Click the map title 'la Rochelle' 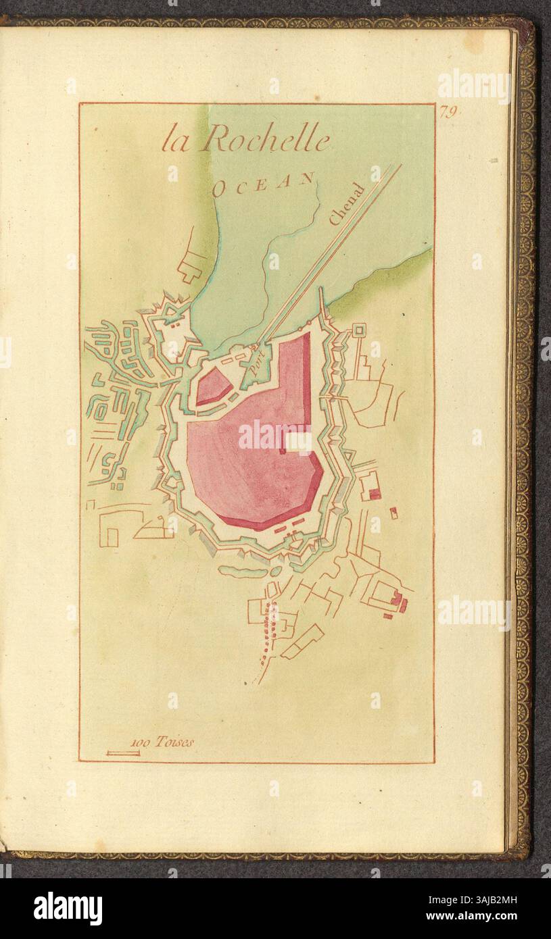pos(245,140)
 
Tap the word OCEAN pos(263,183)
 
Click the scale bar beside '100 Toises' pos(123,753)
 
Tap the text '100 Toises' pos(163,742)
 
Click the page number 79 pos(447,112)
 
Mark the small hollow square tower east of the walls pos(358,330)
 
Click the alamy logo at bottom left pos(68,909)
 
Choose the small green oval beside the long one pos(276,571)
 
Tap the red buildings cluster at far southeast pos(397,601)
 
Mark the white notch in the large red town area pos(298,441)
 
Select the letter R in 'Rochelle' pos(216,139)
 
